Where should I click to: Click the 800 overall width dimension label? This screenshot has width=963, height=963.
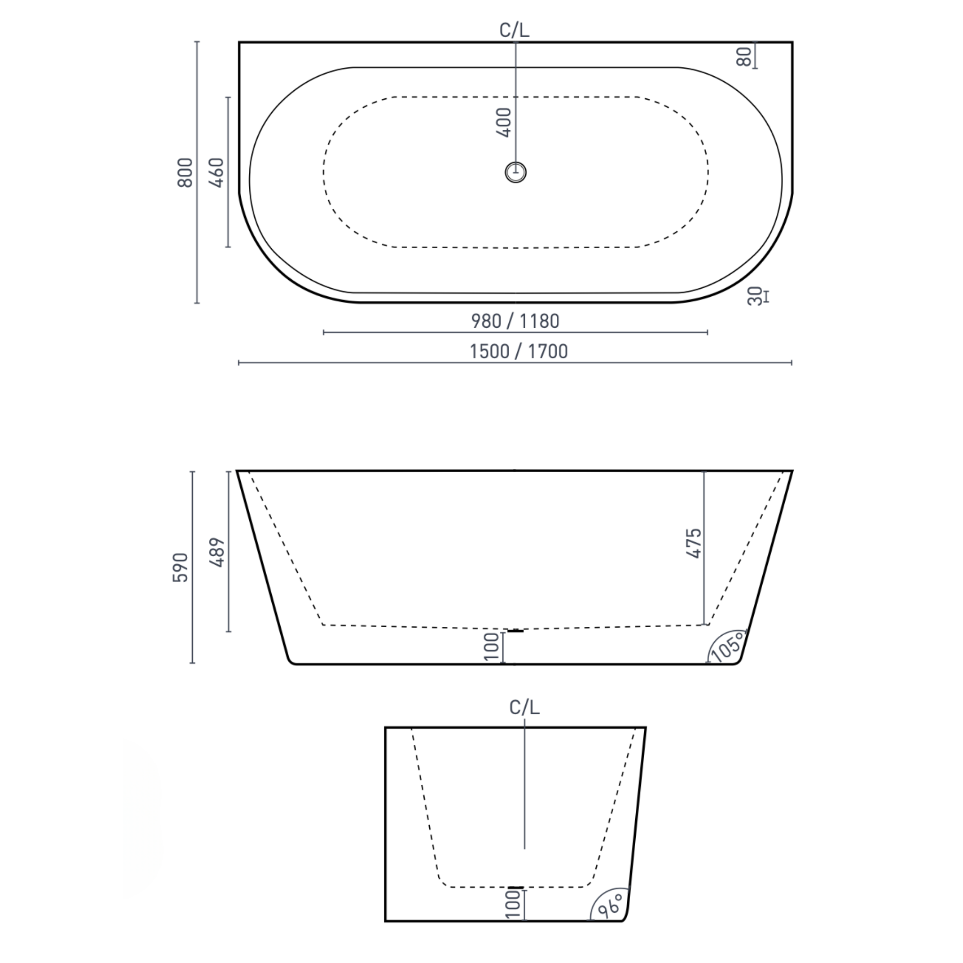point(185,173)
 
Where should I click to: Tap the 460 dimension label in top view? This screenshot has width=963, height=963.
point(217,173)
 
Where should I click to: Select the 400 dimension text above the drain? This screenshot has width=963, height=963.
point(505,122)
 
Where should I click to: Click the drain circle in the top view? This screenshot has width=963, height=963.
point(515,173)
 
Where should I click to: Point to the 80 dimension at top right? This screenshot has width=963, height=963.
point(744,56)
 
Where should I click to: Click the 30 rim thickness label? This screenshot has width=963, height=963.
point(756,296)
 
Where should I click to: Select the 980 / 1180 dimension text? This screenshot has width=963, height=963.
point(515,321)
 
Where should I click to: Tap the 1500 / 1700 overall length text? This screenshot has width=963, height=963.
point(518,352)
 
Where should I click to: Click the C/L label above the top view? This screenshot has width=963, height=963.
point(514,31)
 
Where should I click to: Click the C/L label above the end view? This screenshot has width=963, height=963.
point(524,707)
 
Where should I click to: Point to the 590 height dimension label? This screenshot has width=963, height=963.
point(181,567)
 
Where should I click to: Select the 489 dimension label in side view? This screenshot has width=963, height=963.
point(217,553)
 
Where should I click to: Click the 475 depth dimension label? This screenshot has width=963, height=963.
point(694,543)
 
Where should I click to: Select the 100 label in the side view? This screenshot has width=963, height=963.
point(491,647)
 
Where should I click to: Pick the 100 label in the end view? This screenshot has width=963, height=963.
point(513,905)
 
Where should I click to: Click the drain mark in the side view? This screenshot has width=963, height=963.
point(515,631)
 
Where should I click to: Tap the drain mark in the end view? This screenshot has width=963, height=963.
point(516,887)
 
